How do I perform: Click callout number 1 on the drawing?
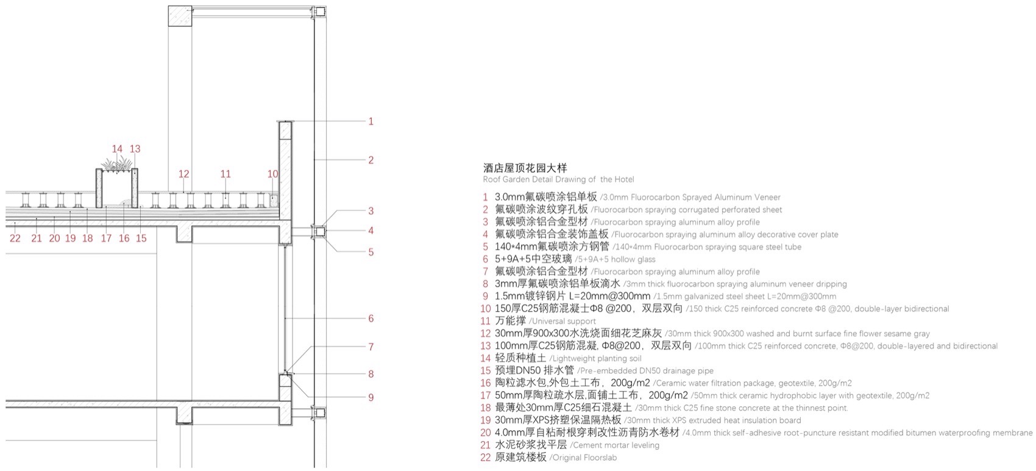(x=371, y=121)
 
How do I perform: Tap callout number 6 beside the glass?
(x=371, y=318)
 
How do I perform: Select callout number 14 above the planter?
(x=117, y=149)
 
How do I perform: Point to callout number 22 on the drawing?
(x=15, y=239)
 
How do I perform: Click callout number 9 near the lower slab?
(x=371, y=398)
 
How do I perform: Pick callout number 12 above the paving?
(x=184, y=174)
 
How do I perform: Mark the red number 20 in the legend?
(x=485, y=433)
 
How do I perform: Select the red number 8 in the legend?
(x=486, y=284)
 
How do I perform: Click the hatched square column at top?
(x=180, y=16)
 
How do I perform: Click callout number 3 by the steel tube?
(x=371, y=211)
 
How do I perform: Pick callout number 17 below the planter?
(x=106, y=239)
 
